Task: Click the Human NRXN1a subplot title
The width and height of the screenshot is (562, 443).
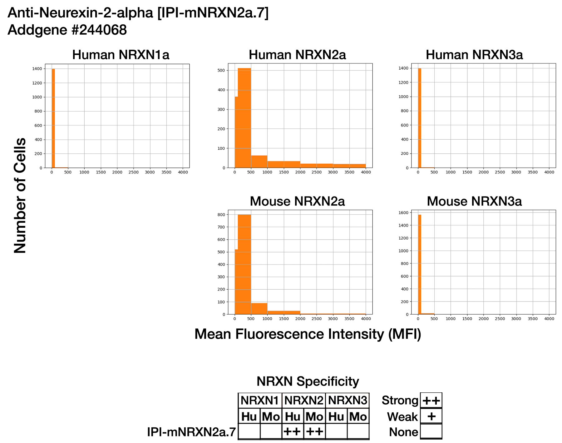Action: [121, 55]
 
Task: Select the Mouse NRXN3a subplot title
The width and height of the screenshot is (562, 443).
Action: [474, 202]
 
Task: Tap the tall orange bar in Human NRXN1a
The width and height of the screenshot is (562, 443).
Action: [53, 119]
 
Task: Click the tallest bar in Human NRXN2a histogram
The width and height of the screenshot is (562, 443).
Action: [244, 119]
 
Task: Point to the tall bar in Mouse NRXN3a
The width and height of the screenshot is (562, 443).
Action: [420, 266]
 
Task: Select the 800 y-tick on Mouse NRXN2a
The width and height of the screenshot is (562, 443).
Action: [221, 215]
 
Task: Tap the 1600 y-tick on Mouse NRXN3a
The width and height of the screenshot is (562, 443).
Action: [403, 213]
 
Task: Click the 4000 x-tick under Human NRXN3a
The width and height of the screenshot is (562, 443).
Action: [549, 172]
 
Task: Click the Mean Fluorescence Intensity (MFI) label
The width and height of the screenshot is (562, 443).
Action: [308, 334]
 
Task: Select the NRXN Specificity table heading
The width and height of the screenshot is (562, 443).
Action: [308, 381]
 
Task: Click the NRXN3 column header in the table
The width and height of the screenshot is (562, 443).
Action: [348, 401]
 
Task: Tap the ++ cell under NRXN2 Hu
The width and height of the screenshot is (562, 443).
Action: [293, 431]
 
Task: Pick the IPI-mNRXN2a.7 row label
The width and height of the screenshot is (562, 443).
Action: [191, 432]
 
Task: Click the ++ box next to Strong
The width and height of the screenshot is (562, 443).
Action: [431, 401]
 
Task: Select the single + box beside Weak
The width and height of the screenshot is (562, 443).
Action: [431, 416]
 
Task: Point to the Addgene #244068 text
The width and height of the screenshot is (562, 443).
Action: [67, 30]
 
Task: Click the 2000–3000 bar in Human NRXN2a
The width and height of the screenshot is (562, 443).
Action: [317, 166]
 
